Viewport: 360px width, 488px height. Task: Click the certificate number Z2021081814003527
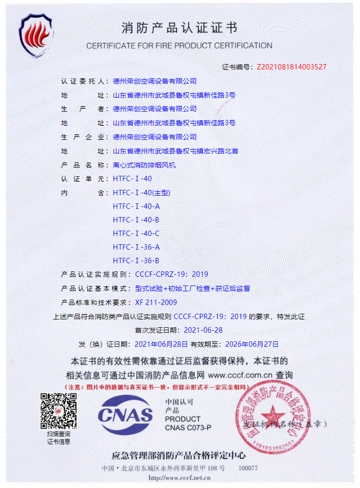click(x=291, y=67)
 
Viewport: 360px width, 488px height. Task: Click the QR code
click(x=58, y=411)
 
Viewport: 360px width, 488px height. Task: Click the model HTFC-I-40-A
click(x=136, y=206)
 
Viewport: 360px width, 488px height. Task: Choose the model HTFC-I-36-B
click(x=136, y=261)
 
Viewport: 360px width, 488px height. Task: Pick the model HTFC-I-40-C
click(x=136, y=234)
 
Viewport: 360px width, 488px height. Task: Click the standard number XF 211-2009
click(x=156, y=303)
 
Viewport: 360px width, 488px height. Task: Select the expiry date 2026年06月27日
click(x=251, y=344)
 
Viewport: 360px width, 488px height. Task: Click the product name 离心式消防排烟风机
click(x=144, y=165)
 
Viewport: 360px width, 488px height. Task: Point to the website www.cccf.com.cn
click(x=240, y=375)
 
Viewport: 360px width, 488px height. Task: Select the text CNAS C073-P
click(x=188, y=428)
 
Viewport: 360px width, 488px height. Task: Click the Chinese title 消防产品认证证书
click(x=179, y=29)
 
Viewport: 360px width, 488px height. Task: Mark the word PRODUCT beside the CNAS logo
click(x=182, y=419)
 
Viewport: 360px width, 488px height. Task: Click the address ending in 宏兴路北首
click(x=175, y=151)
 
